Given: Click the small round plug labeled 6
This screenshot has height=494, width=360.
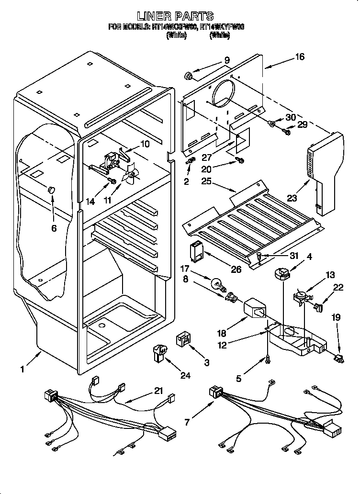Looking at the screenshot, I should click(x=51, y=191).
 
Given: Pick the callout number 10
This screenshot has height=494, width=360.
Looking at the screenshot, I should click(x=145, y=144).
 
